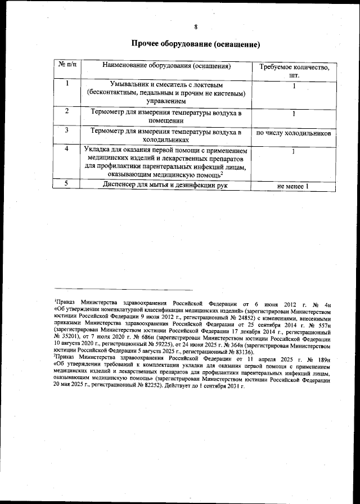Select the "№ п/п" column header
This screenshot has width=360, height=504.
click(x=67, y=66)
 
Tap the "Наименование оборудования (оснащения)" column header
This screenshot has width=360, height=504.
click(x=167, y=66)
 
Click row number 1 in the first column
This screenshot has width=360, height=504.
click(x=67, y=84)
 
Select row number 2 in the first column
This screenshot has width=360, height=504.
click(x=67, y=111)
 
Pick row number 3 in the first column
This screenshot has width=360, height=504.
click(x=67, y=130)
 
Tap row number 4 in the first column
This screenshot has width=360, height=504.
click(x=67, y=149)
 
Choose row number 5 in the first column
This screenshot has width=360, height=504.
click(x=67, y=183)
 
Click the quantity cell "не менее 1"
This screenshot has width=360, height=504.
click(x=294, y=186)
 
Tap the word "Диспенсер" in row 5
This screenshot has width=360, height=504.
click(x=122, y=184)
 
